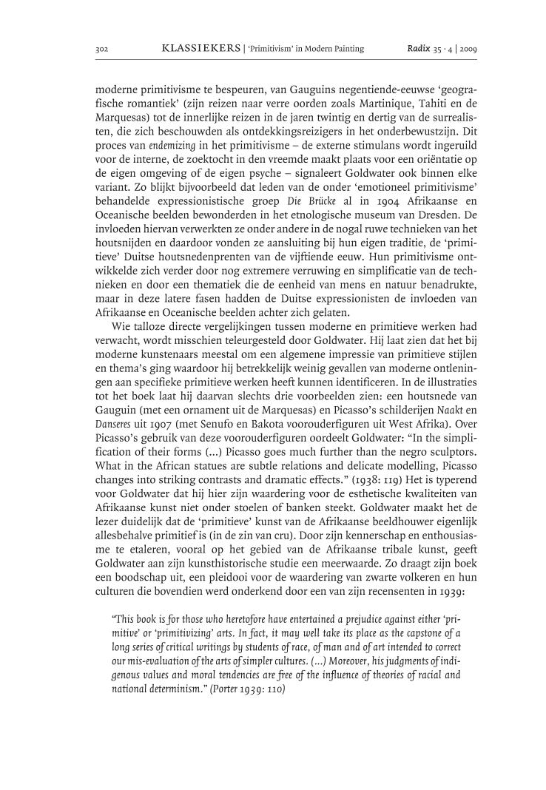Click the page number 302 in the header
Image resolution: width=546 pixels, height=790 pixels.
tap(103, 49)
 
